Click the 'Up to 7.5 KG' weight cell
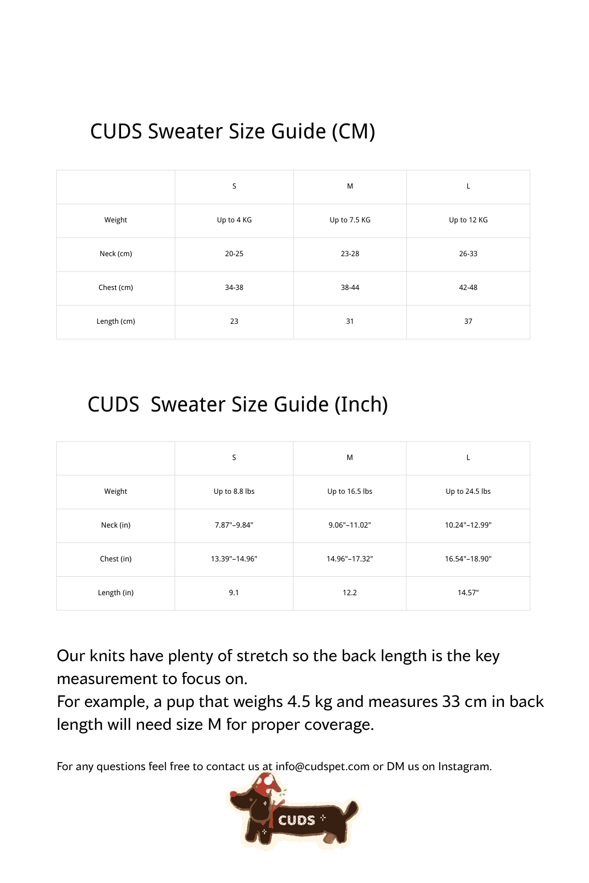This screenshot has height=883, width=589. click(350, 220)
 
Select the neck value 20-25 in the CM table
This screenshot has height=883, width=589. click(234, 254)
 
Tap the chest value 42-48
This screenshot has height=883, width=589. click(468, 288)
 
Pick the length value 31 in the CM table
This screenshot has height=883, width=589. click(350, 322)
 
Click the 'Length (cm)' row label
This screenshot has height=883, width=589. click(116, 322)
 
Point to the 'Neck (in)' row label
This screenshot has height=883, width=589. click(116, 525)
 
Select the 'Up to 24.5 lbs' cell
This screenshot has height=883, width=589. click(468, 492)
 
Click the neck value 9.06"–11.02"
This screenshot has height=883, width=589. click(350, 525)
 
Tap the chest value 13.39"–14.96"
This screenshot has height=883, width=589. click(234, 559)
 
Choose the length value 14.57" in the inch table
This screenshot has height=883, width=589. click(468, 593)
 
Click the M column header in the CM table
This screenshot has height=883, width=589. click(350, 186)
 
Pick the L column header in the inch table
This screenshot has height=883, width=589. click(468, 458)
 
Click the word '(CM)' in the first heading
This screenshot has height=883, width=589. click(353, 132)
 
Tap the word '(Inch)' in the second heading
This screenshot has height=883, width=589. click(360, 405)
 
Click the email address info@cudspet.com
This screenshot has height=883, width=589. click(322, 766)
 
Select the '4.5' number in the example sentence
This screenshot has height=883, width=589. click(299, 701)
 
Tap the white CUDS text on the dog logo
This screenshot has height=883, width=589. click(297, 820)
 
